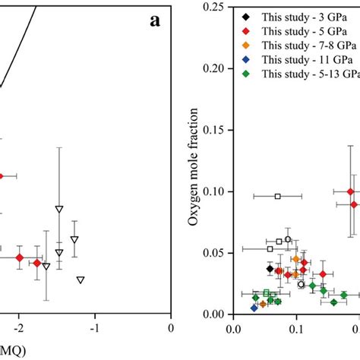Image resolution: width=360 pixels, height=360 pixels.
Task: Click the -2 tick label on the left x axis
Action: tap(19, 330)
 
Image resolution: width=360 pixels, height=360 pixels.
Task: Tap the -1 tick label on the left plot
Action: tap(95, 330)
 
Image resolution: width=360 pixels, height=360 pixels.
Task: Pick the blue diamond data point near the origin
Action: tap(254, 308)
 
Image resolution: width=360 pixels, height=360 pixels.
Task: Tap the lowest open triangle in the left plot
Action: tap(81, 279)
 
